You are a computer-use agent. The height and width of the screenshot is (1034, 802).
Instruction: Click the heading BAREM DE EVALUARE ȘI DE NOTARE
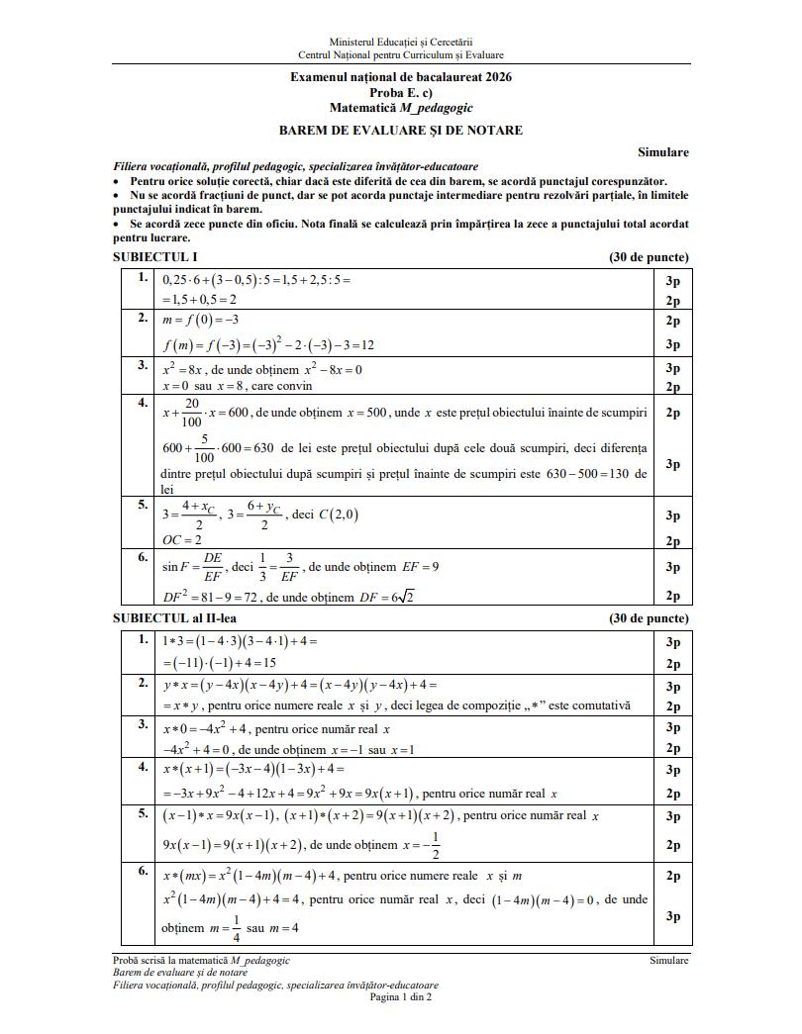(x=401, y=130)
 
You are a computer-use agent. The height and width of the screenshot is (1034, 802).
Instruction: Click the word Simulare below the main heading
(x=663, y=152)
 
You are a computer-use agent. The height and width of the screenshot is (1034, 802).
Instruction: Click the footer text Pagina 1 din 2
(x=401, y=996)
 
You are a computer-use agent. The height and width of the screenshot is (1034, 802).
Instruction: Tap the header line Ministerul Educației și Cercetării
(x=401, y=43)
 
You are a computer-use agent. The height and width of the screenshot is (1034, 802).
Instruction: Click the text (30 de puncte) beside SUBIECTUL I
(x=650, y=257)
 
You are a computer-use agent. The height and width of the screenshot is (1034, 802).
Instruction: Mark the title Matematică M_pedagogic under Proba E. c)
(x=401, y=106)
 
